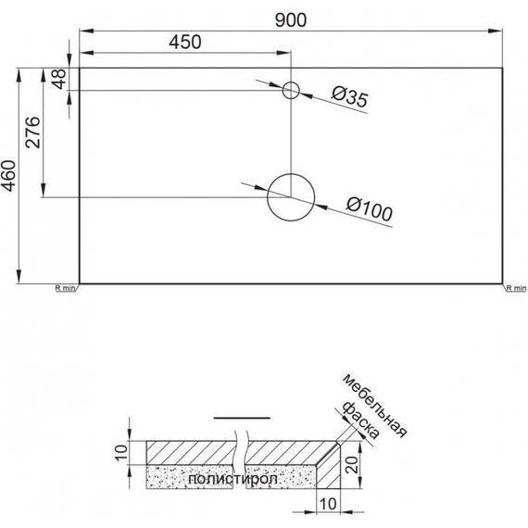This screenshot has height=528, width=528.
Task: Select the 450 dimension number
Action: [x=185, y=43]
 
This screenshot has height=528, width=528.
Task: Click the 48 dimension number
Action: [x=59, y=79]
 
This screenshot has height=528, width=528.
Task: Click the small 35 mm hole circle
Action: [x=291, y=90]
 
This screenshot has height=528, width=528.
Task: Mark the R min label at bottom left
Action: [x=65, y=289]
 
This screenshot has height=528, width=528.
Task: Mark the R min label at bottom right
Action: [x=515, y=289]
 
